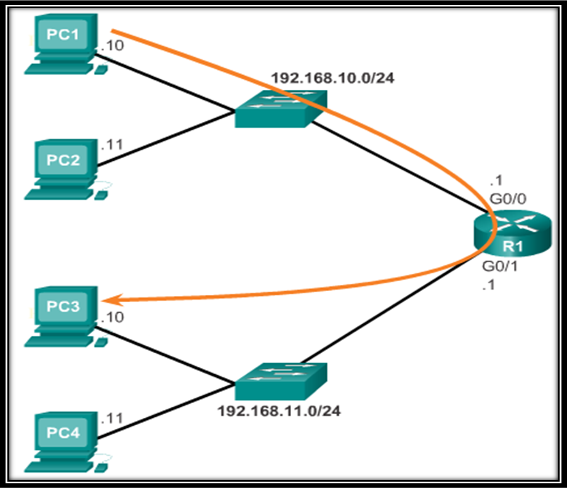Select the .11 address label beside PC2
[111, 145]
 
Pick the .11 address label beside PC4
[111, 418]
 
